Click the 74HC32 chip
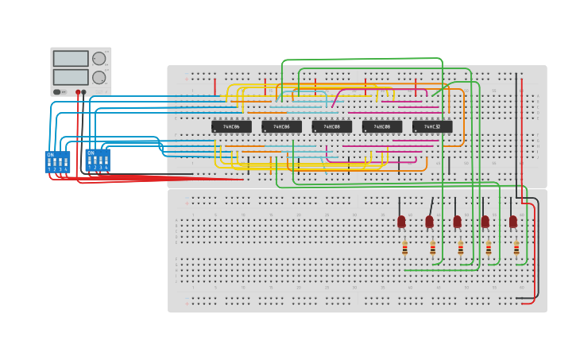pos(432,126)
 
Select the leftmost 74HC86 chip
pos(231,126)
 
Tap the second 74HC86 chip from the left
pos(281,126)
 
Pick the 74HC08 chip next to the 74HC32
pos(382,126)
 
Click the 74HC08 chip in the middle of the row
pos(331,126)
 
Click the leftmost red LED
pos(401,221)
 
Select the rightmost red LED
pos(513,221)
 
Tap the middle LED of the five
pos(457,221)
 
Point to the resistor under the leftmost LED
pos(404,249)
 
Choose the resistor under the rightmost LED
pos(516,249)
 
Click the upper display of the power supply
pos(71,59)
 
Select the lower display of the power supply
pos(71,77)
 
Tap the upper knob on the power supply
pos(99,59)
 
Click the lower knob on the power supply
pos(99,77)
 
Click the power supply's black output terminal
pos(83,92)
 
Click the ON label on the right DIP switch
pos(91,153)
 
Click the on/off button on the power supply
pos(57,92)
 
